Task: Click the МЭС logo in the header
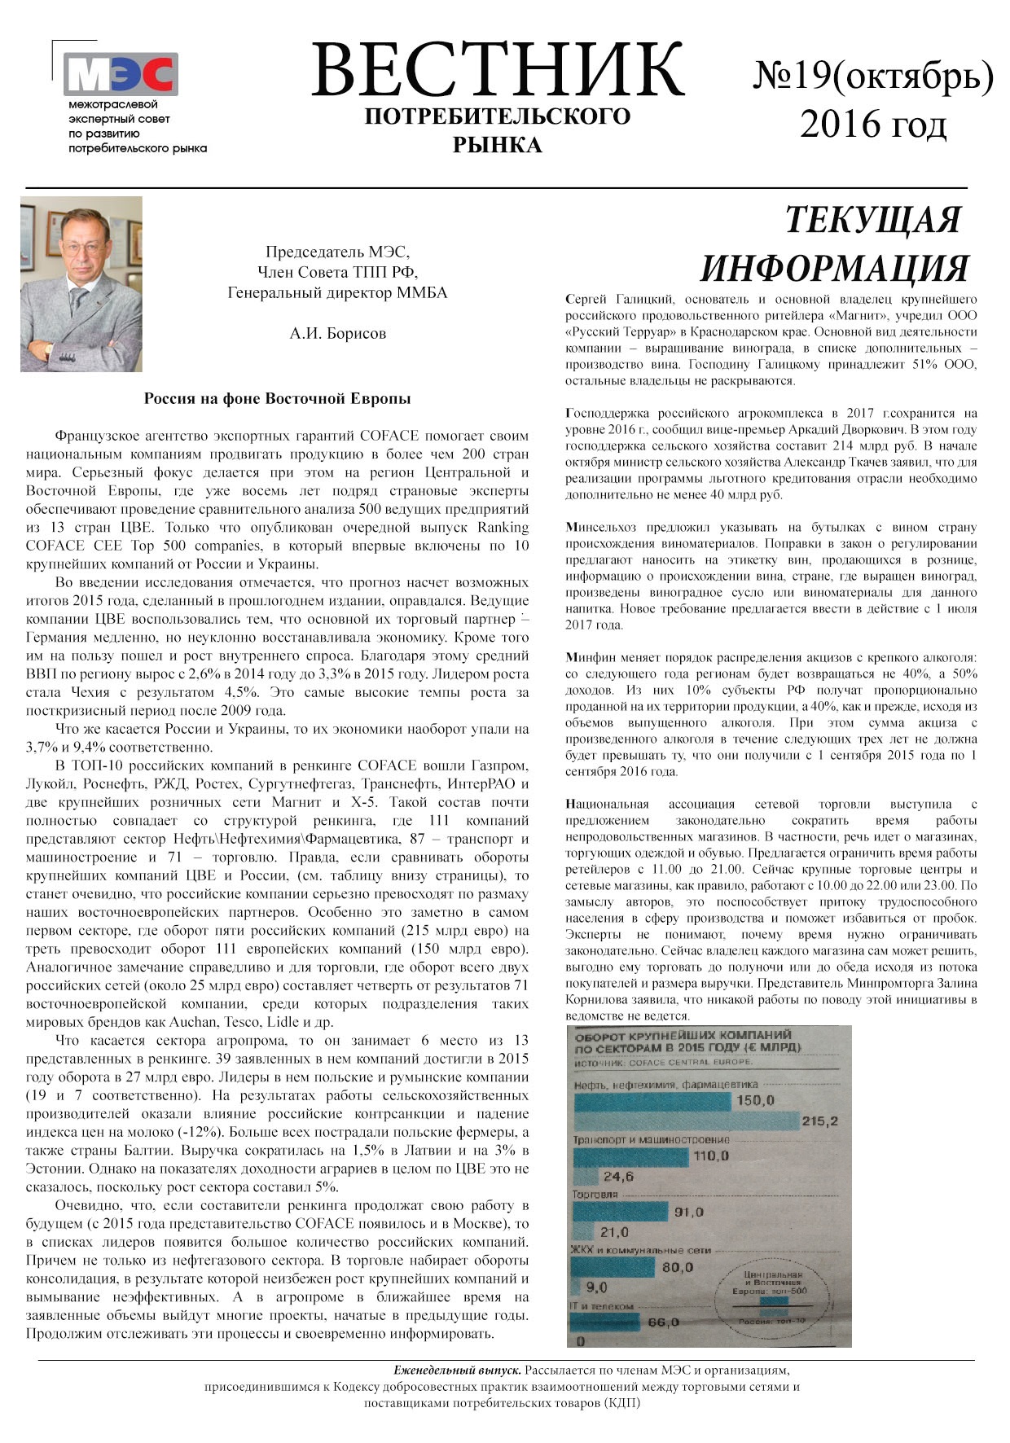click(121, 74)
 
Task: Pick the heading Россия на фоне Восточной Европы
click(277, 399)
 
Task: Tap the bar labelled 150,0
click(652, 1101)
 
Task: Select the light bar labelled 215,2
click(684, 1121)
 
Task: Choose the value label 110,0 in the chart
click(710, 1156)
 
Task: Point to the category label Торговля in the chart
click(595, 1195)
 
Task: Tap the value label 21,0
click(615, 1232)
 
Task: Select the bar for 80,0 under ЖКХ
click(615, 1267)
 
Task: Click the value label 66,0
click(662, 1322)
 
